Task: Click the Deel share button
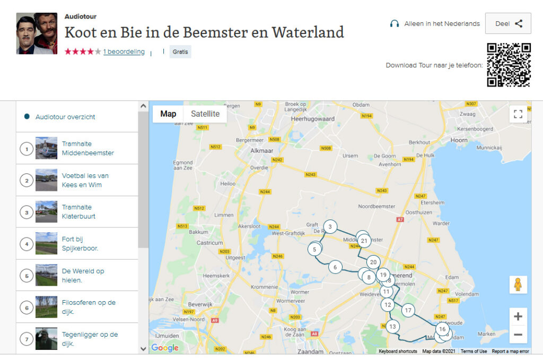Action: click(x=508, y=24)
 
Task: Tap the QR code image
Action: click(x=509, y=65)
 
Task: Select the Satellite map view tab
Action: click(x=205, y=114)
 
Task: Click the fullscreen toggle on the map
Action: click(x=518, y=114)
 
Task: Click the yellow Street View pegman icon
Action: click(x=518, y=285)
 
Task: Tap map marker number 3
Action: click(x=330, y=227)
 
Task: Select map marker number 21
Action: click(x=364, y=241)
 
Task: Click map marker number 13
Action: click(x=392, y=327)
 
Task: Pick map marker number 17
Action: click(x=408, y=310)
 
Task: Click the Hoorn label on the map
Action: click(x=459, y=140)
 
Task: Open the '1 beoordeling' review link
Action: click(x=124, y=52)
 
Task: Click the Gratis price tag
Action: click(x=180, y=52)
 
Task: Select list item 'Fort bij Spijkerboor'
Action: click(x=80, y=244)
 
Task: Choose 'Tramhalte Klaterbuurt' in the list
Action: click(x=78, y=212)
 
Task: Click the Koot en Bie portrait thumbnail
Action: click(x=37, y=33)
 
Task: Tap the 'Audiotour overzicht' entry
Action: click(x=65, y=117)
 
